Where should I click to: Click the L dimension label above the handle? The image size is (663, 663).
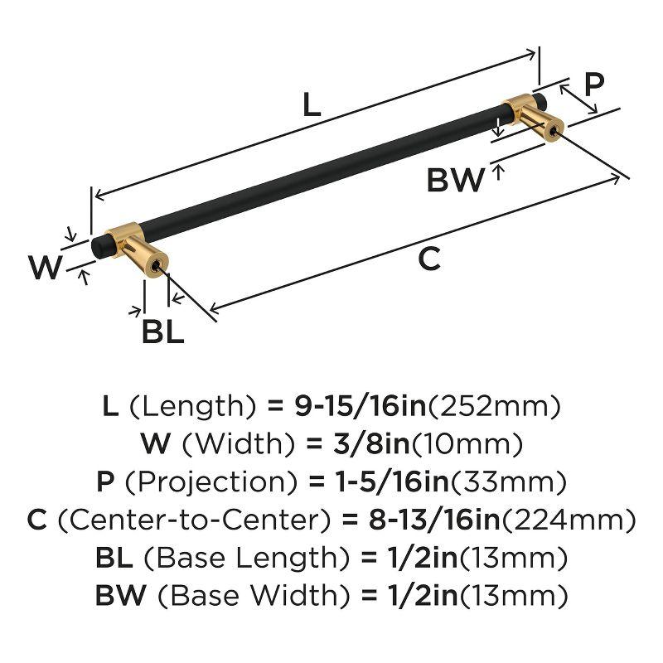pyautogui.click(x=309, y=104)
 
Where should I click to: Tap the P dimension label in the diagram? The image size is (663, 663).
pyautogui.click(x=593, y=85)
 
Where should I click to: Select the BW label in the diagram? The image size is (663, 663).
pyautogui.click(x=455, y=179)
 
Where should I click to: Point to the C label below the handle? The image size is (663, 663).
pyautogui.click(x=428, y=259)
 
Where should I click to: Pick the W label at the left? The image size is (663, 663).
pyautogui.click(x=46, y=269)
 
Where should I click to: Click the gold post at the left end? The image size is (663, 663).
pyautogui.click(x=137, y=249)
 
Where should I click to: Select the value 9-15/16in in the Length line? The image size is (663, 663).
pyautogui.click(x=363, y=406)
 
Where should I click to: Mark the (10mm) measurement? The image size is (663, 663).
pyautogui.click(x=460, y=444)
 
